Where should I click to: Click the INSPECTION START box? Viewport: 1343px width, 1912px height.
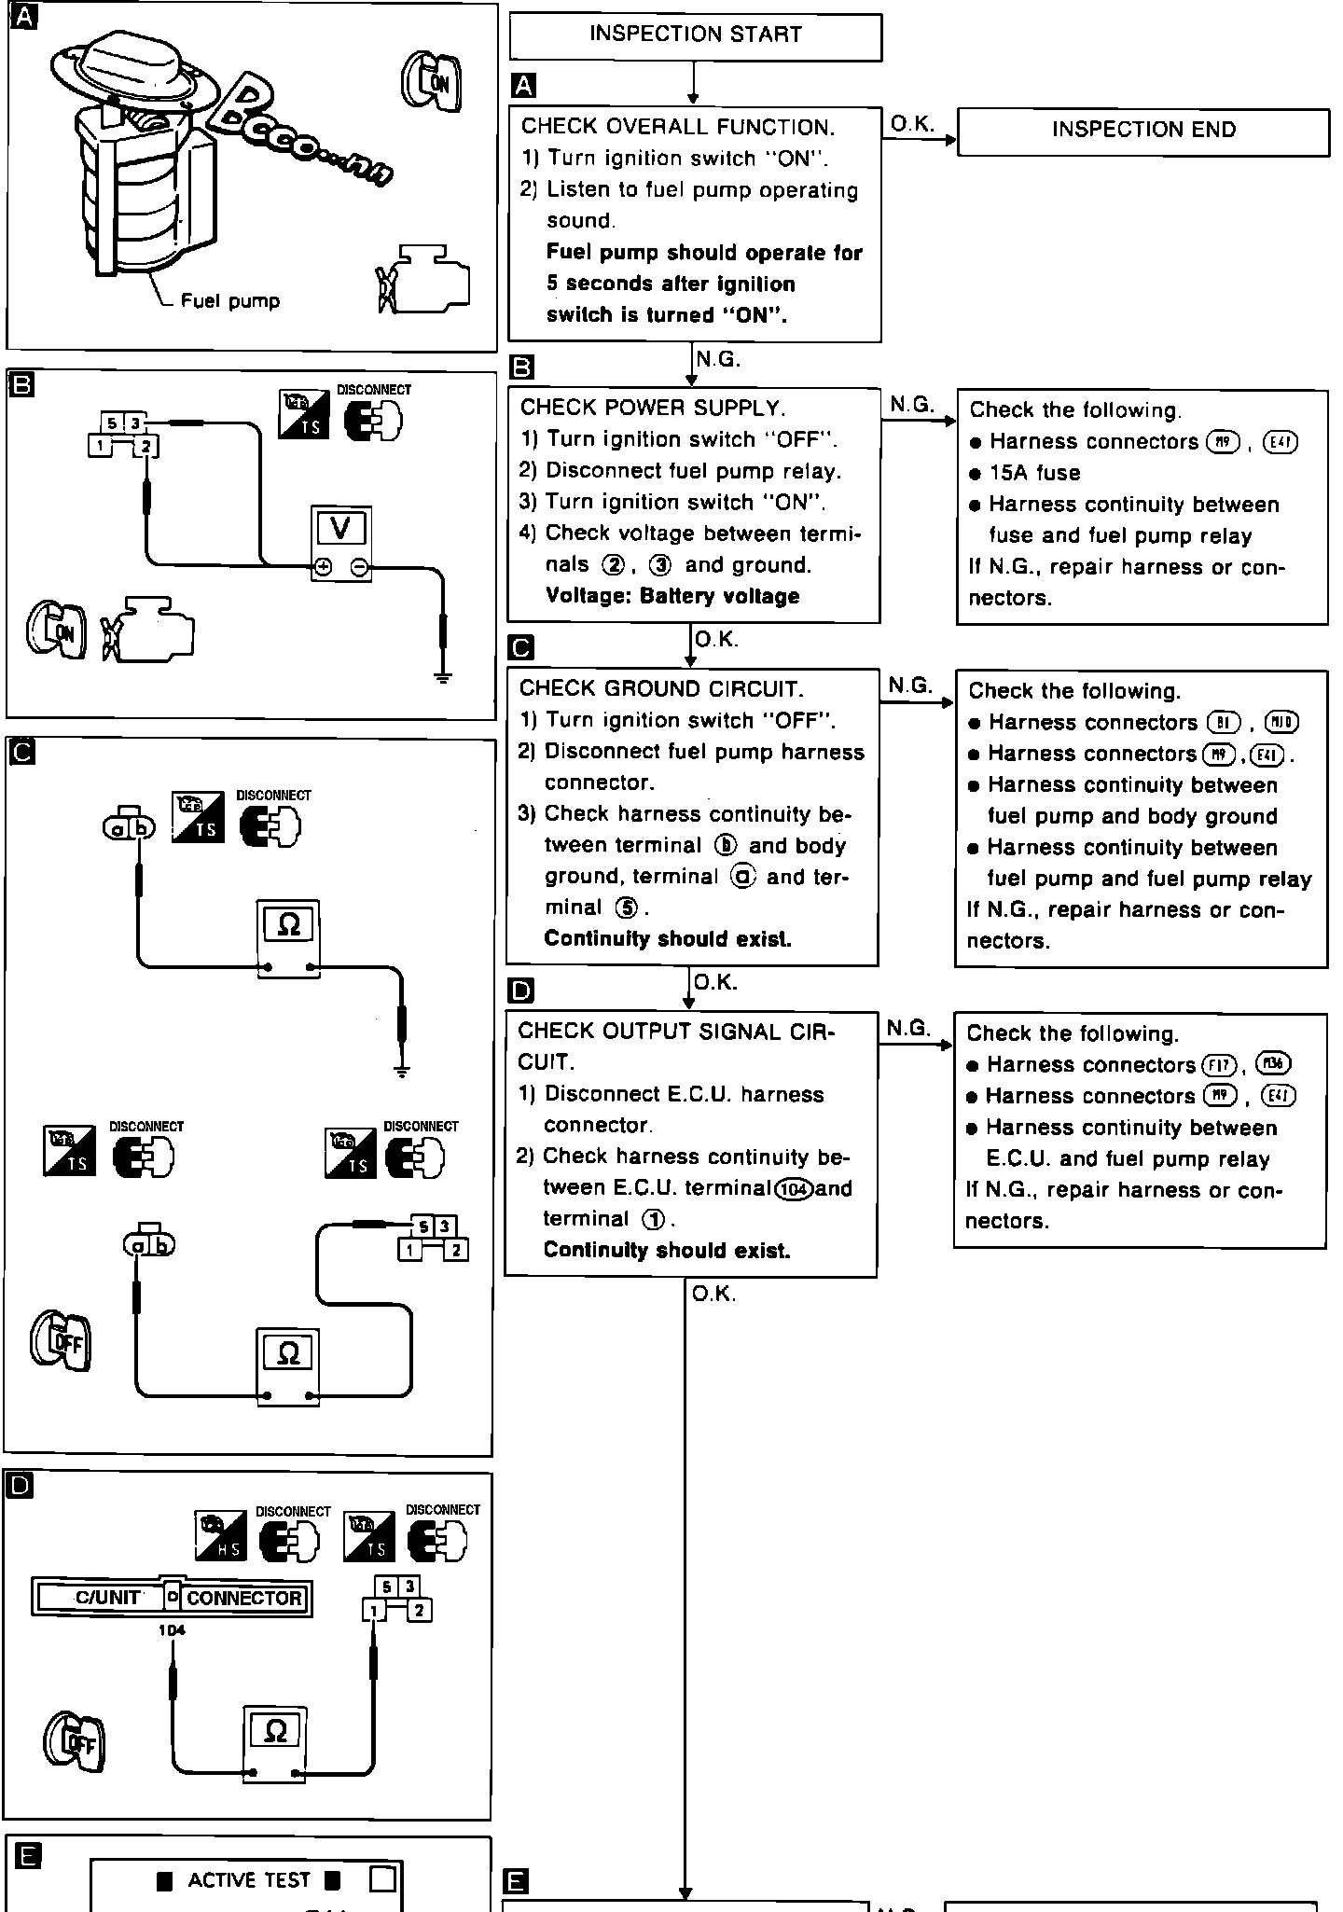click(695, 35)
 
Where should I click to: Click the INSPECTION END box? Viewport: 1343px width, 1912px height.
click(1143, 131)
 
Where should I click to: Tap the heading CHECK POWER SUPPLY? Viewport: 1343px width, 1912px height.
click(653, 408)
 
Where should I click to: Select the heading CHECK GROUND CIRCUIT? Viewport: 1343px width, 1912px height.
click(660, 689)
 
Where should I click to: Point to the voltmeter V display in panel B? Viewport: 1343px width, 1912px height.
click(340, 529)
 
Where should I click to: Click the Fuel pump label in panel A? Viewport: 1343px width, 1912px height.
click(229, 300)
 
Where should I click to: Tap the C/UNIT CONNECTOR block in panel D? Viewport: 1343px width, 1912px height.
click(172, 1597)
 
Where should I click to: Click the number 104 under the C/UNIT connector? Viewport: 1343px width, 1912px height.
click(172, 1630)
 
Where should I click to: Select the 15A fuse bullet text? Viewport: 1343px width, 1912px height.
click(1034, 473)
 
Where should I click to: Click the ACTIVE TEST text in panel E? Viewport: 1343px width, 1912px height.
click(248, 1880)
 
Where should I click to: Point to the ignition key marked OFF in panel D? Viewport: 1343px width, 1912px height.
click(75, 1742)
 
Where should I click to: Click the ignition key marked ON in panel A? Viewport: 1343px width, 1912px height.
click(432, 82)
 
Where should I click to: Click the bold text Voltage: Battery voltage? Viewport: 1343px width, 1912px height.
click(672, 596)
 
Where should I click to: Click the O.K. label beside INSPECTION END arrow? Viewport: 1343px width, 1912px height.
click(912, 123)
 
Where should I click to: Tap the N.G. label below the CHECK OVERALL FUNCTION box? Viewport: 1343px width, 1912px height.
click(718, 359)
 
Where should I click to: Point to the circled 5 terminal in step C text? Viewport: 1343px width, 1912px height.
click(628, 908)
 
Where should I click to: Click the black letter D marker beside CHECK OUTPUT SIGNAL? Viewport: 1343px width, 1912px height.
click(522, 990)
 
